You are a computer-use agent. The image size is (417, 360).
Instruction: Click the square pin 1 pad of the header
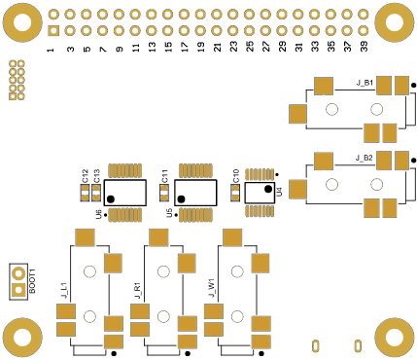point(53,31)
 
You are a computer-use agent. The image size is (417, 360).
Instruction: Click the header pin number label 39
point(365,47)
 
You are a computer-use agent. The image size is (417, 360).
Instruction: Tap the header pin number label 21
point(218,47)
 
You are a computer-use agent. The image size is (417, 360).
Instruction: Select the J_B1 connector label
point(365,83)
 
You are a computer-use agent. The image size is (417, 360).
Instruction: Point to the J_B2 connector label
point(365,159)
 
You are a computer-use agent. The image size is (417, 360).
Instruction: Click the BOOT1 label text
point(32,281)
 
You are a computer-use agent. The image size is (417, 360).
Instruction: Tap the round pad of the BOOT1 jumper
point(18,273)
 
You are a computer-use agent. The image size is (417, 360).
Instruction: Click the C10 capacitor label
point(236,176)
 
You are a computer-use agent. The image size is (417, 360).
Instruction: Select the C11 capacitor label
point(165,176)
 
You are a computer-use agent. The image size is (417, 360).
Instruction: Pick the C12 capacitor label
point(85,176)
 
